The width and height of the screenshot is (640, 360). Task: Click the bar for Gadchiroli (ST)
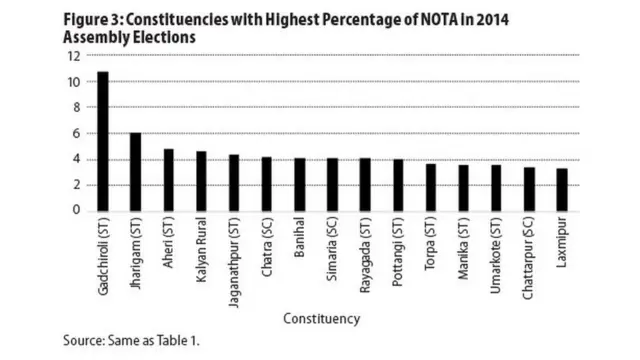tap(103, 141)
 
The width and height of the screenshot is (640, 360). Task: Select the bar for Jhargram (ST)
tap(136, 171)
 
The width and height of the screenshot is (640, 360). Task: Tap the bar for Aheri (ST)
tap(169, 179)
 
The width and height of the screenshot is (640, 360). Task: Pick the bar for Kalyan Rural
tap(201, 181)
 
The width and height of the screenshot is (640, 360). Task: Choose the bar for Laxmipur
tap(561, 189)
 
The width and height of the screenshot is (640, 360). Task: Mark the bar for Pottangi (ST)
tap(397, 185)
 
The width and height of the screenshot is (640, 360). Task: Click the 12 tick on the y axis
tap(73, 56)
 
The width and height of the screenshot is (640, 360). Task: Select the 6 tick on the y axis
tap(75, 133)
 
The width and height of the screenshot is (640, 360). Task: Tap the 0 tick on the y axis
tap(75, 210)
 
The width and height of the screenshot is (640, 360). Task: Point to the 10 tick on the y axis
tap(73, 82)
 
